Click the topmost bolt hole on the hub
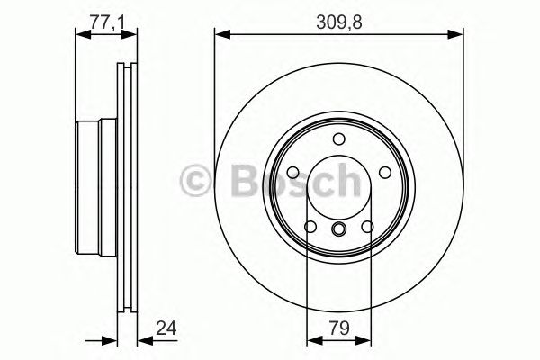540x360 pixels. [338, 139]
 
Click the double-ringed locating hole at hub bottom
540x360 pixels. [338, 230]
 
